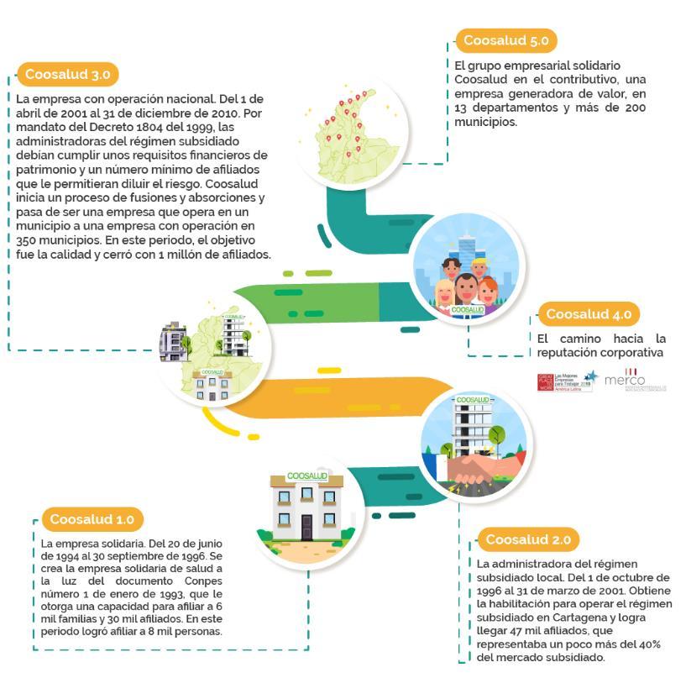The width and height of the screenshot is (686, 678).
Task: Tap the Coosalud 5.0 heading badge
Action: click(x=506, y=39)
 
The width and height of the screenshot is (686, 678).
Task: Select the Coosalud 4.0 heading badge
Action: click(x=588, y=314)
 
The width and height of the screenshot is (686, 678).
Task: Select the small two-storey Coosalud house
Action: click(x=306, y=503)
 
